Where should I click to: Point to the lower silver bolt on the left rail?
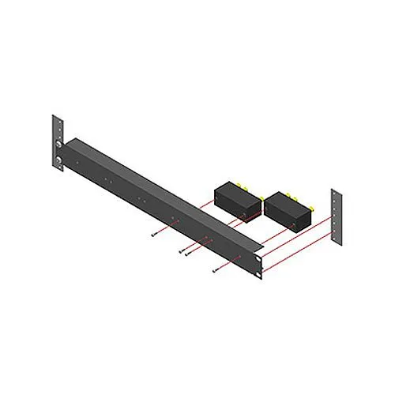[58, 164]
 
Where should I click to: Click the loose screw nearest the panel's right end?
[215, 270]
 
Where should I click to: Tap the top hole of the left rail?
[57, 122]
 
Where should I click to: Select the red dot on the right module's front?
[294, 224]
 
